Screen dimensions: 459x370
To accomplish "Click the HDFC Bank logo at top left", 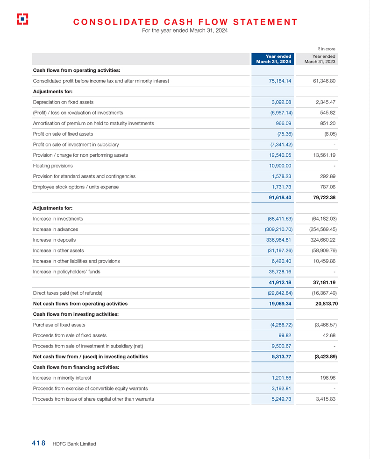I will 22,19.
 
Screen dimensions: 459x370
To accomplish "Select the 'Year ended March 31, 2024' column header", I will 274,59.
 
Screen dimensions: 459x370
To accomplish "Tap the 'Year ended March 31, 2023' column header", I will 320,59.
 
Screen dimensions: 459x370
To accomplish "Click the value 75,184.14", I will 280,81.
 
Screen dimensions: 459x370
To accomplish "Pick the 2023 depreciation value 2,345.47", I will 323,102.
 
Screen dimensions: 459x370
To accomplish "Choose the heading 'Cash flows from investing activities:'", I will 76,314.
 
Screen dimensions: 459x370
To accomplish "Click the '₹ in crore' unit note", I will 327,49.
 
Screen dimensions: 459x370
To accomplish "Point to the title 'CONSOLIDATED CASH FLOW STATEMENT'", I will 185,22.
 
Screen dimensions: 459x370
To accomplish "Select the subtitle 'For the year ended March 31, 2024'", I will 185,31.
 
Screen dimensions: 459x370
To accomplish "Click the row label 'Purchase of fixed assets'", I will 59,325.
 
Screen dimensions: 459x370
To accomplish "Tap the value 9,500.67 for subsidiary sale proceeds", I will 281,346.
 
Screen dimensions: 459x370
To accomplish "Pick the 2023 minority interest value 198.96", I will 326,378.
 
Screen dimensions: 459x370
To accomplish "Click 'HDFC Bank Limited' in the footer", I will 74,444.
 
